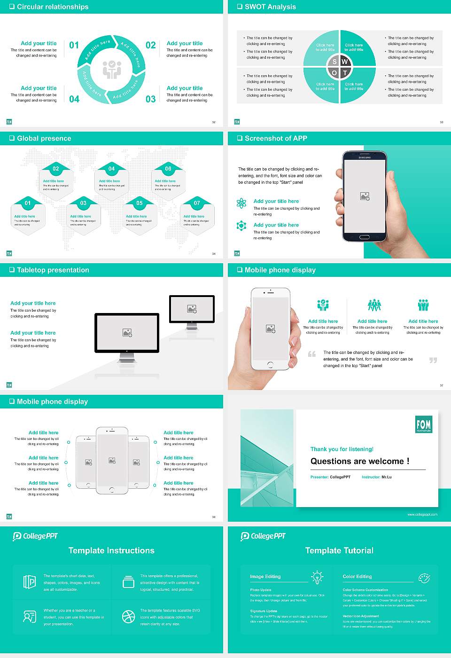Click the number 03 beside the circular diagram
(150, 99)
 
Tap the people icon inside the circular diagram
(112, 69)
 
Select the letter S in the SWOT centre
(334, 62)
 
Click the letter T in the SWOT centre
(345, 73)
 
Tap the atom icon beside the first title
(241, 203)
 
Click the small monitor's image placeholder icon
(192, 309)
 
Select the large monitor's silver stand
(127, 358)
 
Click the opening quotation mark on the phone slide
(312, 354)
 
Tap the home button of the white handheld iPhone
(270, 365)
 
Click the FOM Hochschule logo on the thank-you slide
(423, 424)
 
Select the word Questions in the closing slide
(331, 461)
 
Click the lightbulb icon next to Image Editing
(317, 577)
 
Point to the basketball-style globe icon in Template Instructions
(128, 617)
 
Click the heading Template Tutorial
(339, 550)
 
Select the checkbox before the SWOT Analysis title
(240, 7)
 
